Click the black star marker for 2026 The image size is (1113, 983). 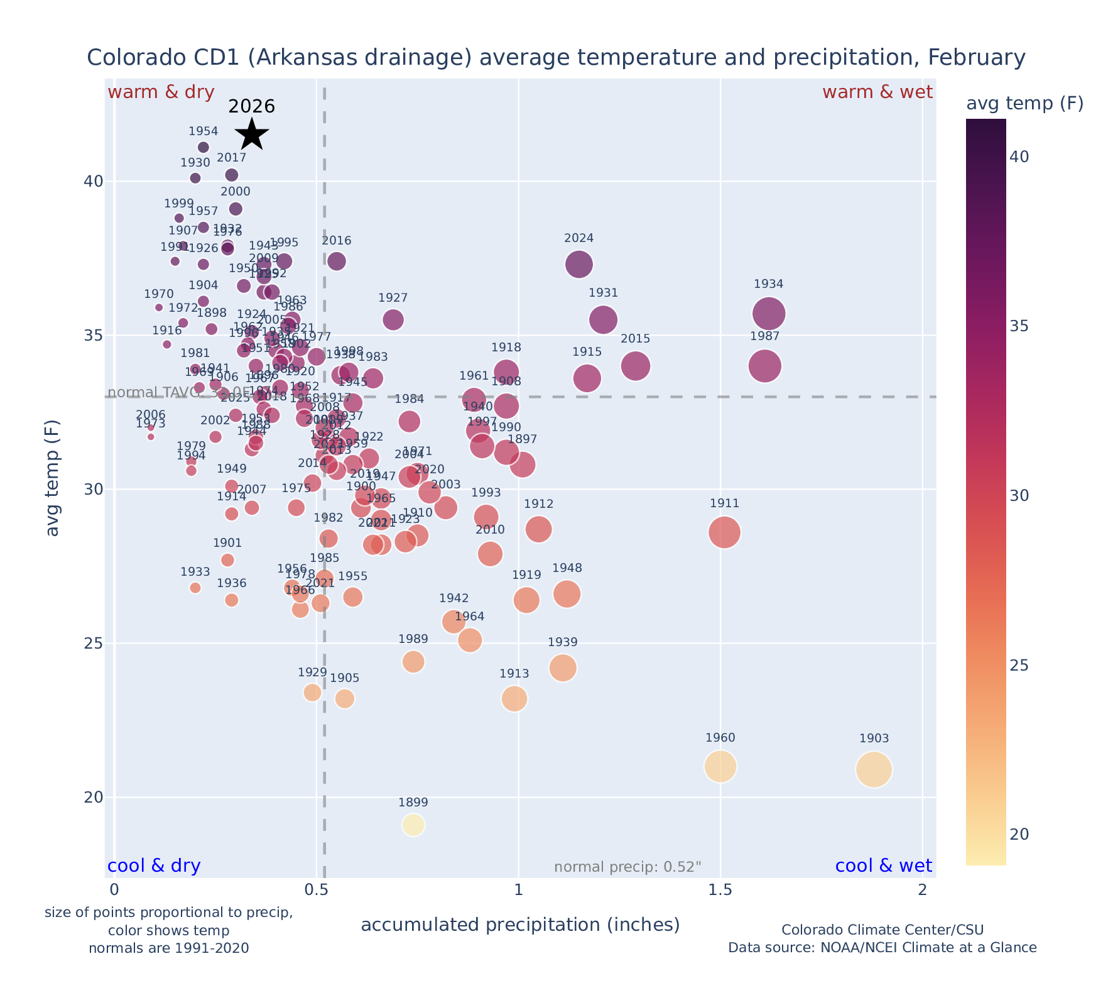[x=252, y=134]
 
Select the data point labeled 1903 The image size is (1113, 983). [x=874, y=769]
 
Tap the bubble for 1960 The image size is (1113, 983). [x=720, y=766]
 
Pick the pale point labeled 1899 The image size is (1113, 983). [x=413, y=825]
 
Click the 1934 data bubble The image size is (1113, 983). [x=769, y=314]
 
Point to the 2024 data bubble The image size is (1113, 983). [x=579, y=264]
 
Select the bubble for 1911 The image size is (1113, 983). [x=725, y=532]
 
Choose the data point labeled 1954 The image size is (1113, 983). [x=204, y=147]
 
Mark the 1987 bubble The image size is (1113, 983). [x=765, y=366]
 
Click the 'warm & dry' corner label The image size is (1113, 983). [x=161, y=92]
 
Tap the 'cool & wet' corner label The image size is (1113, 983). [x=883, y=866]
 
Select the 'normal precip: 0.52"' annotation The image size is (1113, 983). [x=627, y=867]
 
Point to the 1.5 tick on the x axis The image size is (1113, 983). [x=720, y=891]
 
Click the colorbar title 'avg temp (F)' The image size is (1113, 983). [x=1024, y=104]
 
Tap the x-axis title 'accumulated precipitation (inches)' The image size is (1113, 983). [x=520, y=925]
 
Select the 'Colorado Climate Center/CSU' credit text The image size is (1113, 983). [x=882, y=930]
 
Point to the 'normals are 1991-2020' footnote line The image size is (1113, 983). [x=169, y=948]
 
